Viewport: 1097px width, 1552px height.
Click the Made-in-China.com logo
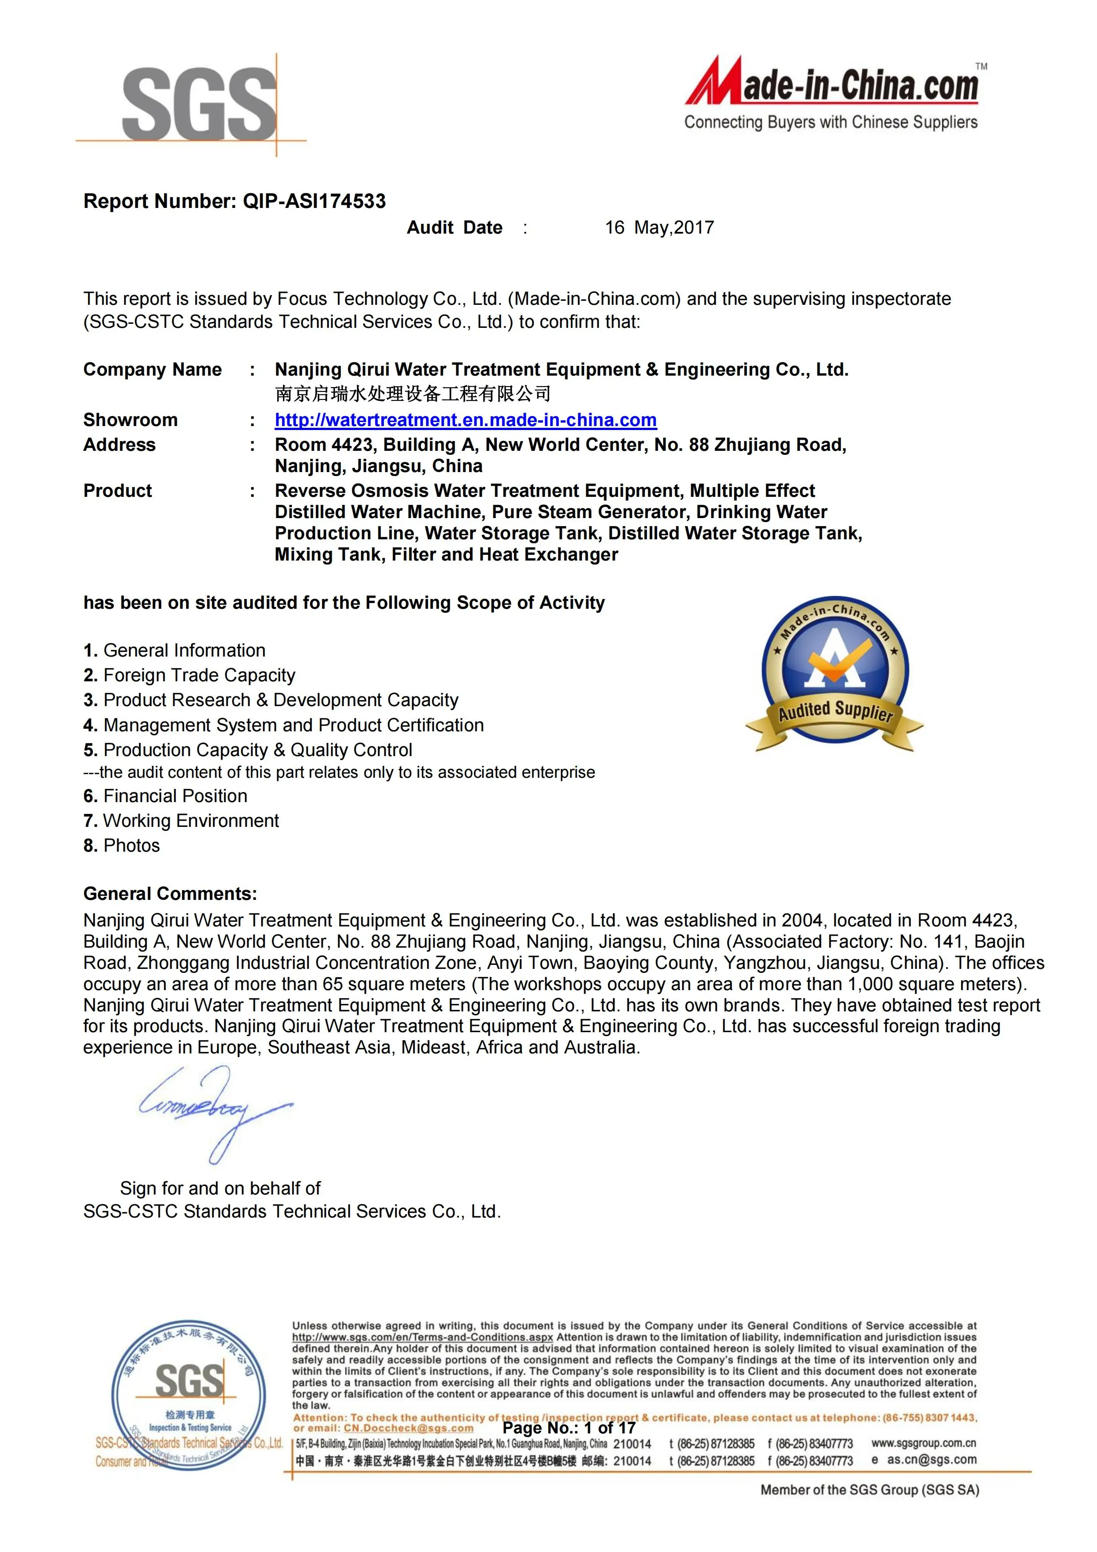[x=832, y=95]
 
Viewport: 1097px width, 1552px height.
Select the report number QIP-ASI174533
[x=314, y=201]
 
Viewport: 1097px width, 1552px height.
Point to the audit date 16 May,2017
[x=659, y=228]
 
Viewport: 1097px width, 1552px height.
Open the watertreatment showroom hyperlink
[x=466, y=420]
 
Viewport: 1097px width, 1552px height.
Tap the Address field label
[x=119, y=445]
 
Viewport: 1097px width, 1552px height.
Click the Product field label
[x=118, y=491]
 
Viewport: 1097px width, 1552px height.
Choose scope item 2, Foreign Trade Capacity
[x=190, y=675]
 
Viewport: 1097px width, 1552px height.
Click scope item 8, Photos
[x=122, y=845]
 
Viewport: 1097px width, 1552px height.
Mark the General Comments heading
[x=170, y=894]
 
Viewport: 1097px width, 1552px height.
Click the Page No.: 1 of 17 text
[x=569, y=1428]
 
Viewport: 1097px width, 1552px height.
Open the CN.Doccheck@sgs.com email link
[x=409, y=1428]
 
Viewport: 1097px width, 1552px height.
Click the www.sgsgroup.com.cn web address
[x=923, y=1443]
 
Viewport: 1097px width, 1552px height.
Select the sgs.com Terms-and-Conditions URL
[x=422, y=1337]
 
